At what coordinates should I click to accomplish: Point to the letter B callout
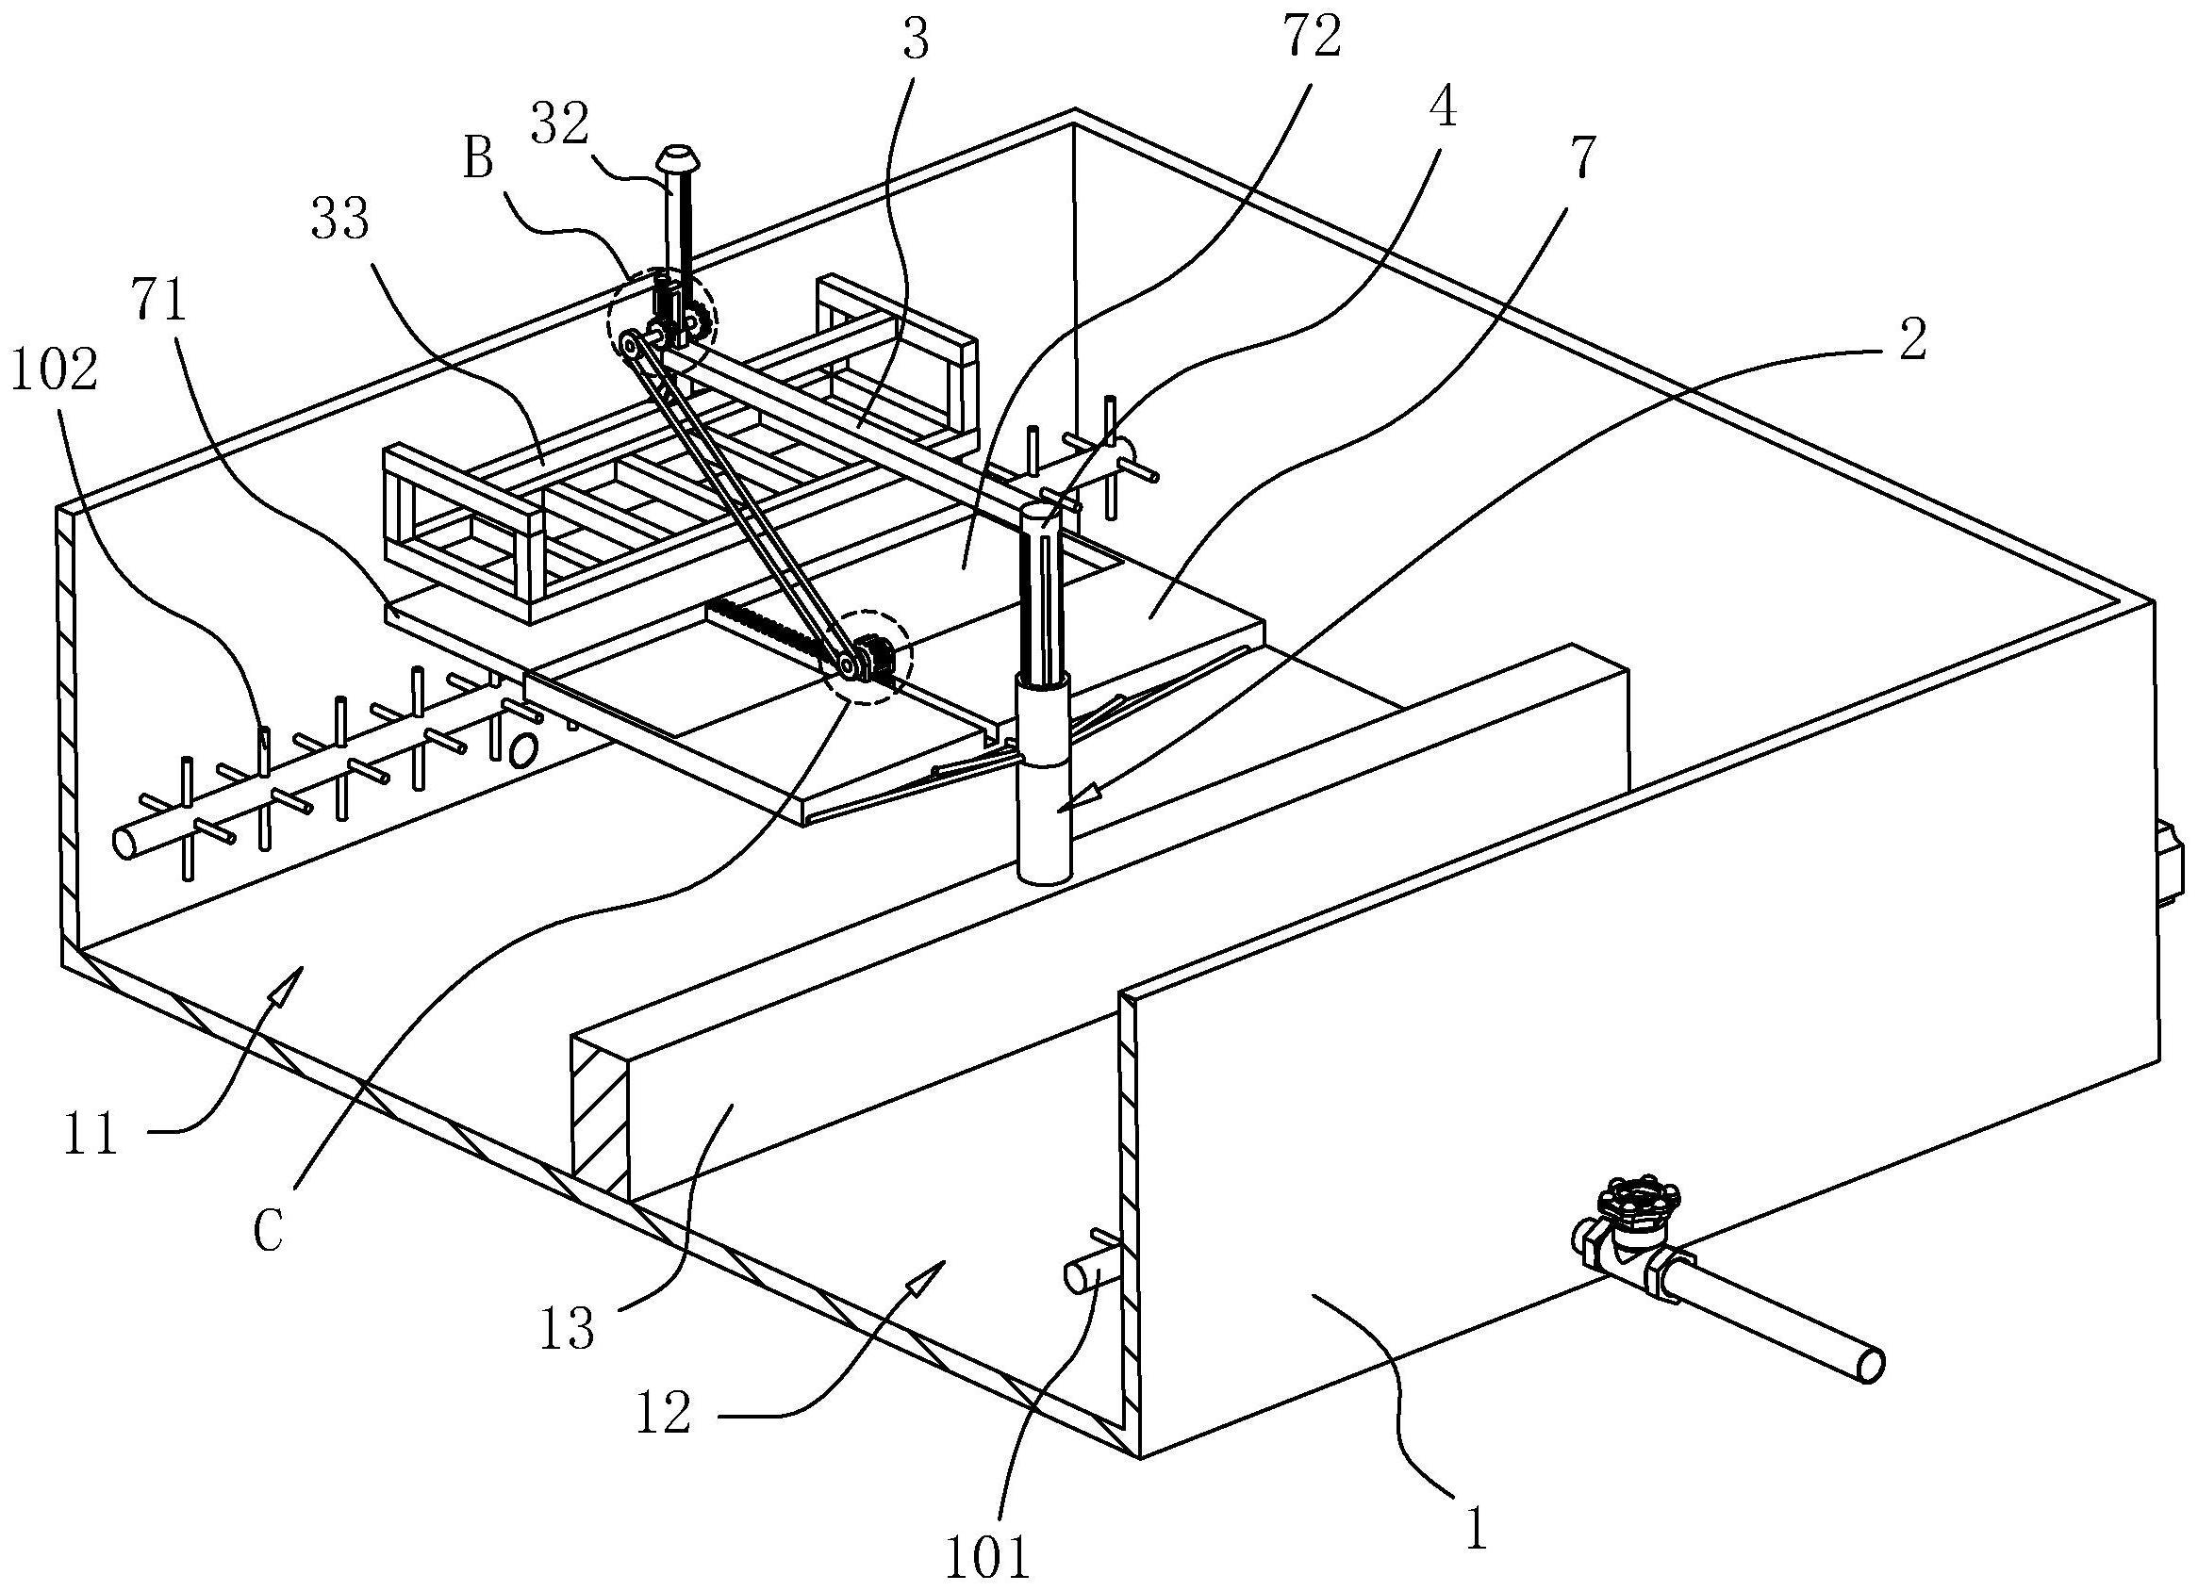click(x=477, y=158)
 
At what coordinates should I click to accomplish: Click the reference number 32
click(x=561, y=125)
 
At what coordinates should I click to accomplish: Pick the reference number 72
click(x=1314, y=39)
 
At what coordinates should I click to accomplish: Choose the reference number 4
click(x=1443, y=108)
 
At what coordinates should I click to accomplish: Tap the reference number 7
click(x=1579, y=158)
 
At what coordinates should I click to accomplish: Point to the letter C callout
click(x=269, y=1233)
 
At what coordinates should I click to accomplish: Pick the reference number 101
click(x=986, y=1558)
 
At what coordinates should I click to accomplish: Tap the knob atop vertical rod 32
click(x=672, y=156)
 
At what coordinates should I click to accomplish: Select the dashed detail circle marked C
click(x=868, y=656)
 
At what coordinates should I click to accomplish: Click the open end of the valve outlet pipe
click(x=1870, y=1365)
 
